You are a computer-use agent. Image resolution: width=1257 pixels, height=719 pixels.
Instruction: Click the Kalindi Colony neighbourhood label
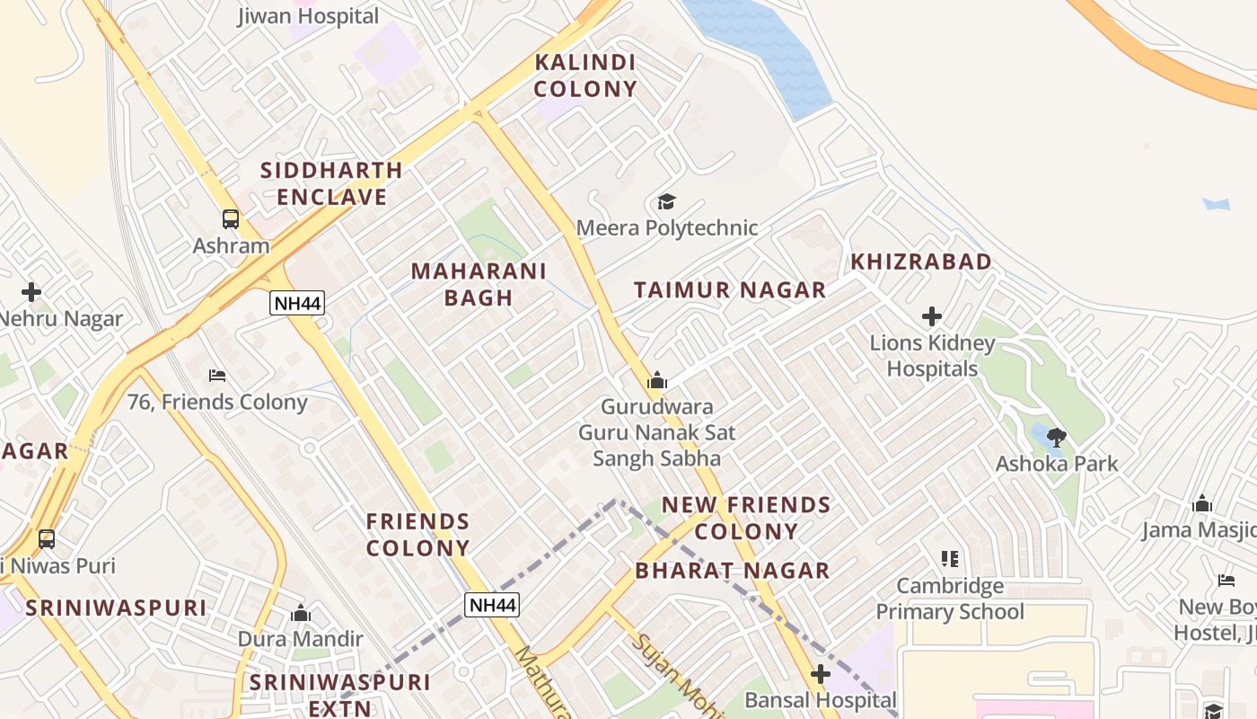click(x=585, y=75)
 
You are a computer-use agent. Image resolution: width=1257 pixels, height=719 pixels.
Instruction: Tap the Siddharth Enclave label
click(x=331, y=183)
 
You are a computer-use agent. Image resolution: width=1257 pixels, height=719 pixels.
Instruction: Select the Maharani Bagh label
click(x=479, y=284)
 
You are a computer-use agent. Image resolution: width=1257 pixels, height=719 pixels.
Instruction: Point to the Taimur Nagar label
click(x=730, y=289)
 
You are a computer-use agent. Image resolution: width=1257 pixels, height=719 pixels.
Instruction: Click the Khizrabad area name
click(x=921, y=262)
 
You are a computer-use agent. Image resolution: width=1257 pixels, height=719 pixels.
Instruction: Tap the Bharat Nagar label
click(x=732, y=571)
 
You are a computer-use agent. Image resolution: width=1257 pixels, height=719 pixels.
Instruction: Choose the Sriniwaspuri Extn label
click(x=339, y=695)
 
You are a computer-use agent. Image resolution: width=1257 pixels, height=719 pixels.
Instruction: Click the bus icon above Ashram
click(x=231, y=218)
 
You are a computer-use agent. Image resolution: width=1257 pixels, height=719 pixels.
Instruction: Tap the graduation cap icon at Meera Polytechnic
click(x=666, y=201)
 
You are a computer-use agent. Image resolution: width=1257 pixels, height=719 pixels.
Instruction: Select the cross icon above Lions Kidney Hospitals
click(x=932, y=316)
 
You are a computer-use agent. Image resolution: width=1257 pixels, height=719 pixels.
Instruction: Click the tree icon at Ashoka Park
click(x=1057, y=438)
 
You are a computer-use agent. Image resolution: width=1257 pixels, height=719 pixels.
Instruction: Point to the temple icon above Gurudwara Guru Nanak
click(x=657, y=381)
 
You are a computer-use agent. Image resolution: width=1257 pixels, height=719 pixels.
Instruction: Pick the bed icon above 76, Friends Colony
click(x=217, y=375)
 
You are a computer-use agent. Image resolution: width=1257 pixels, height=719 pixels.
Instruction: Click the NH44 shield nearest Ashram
click(x=297, y=303)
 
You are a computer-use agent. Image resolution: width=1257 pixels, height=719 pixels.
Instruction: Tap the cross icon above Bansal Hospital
click(x=821, y=674)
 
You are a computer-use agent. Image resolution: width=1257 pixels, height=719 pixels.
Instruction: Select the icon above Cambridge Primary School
click(x=950, y=559)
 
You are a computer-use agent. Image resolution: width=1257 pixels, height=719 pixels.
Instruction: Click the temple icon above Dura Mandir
click(x=301, y=613)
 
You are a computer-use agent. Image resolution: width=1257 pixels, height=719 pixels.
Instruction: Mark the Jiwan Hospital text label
click(x=308, y=16)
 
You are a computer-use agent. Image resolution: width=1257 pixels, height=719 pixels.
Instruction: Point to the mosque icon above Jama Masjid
click(x=1201, y=503)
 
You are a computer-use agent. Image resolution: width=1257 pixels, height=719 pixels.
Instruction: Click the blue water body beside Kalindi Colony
click(x=763, y=54)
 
